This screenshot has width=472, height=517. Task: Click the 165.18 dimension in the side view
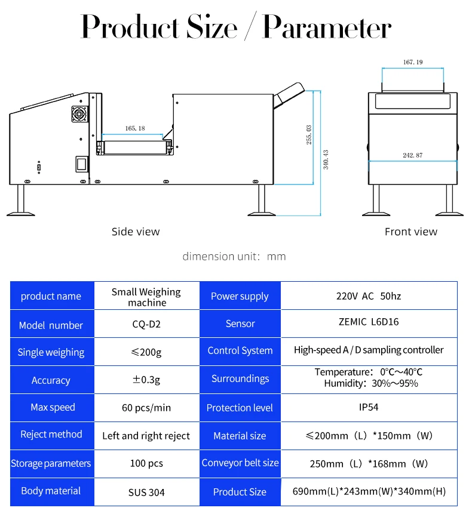(135, 128)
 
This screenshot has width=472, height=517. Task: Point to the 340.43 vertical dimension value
(326, 159)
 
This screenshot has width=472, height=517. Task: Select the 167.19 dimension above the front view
(413, 62)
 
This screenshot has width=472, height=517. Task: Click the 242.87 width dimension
(412, 155)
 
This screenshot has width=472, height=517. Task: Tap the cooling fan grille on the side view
(79, 114)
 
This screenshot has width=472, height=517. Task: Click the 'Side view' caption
(136, 232)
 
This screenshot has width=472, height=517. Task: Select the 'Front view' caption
(411, 232)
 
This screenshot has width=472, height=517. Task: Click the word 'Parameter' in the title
(327, 27)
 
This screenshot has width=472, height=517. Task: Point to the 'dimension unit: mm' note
(234, 257)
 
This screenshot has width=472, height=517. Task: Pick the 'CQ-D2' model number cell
(146, 325)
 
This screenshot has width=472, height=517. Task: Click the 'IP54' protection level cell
(369, 408)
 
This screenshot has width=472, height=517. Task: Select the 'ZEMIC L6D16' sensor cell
(369, 322)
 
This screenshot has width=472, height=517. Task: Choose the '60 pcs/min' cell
(146, 408)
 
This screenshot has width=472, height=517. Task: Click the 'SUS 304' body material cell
(146, 493)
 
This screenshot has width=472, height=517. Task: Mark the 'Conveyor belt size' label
(240, 463)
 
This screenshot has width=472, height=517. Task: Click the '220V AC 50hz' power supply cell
(369, 296)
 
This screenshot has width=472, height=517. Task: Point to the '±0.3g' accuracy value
(146, 380)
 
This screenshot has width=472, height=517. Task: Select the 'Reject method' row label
(51, 435)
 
